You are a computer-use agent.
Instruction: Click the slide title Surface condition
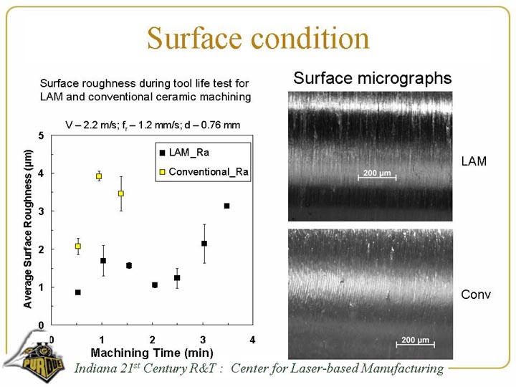(258, 38)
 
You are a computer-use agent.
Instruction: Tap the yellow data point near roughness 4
(99, 176)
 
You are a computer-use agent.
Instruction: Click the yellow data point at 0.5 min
(77, 246)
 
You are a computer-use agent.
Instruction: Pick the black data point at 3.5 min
(226, 206)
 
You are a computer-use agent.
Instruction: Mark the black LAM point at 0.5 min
(77, 292)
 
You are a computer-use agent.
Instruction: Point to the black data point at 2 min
(154, 285)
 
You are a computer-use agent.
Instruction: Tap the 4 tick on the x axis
(252, 338)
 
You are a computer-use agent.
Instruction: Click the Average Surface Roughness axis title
(28, 229)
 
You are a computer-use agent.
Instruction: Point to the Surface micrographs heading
(372, 78)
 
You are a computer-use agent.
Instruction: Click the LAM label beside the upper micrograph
(473, 162)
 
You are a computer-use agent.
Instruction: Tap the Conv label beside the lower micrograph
(476, 295)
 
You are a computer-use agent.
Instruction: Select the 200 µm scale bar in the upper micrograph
(376, 175)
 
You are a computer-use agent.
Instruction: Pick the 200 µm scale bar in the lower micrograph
(416, 340)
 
